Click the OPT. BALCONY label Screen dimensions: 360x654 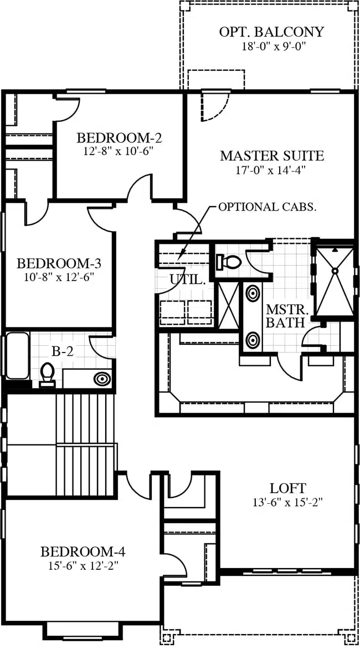pyautogui.click(x=271, y=32)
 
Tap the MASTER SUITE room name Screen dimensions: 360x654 pyautogui.click(x=272, y=156)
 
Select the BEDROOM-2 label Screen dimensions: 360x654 pyautogui.click(x=119, y=137)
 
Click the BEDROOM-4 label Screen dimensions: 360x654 pyautogui.click(x=83, y=552)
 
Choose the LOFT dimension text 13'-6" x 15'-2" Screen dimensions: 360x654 pyautogui.click(x=287, y=502)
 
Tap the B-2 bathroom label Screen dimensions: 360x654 pyautogui.click(x=63, y=351)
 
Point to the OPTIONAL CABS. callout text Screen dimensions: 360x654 pyautogui.click(x=266, y=207)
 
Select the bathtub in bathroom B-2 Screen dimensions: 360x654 pyautogui.click(x=17, y=356)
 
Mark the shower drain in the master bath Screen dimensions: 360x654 pyautogui.click(x=335, y=270)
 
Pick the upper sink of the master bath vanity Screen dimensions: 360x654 pyautogui.click(x=253, y=293)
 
